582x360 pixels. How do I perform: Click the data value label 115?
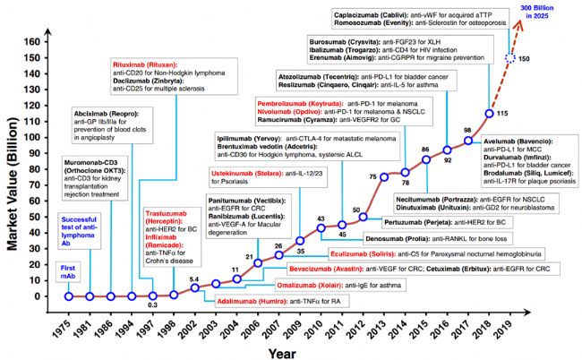click(502, 113)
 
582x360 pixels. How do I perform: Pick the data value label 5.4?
click(194, 279)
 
